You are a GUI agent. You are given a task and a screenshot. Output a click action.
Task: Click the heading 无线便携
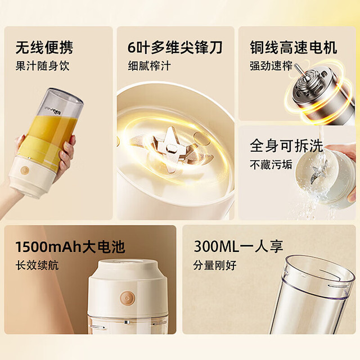pos(44,47)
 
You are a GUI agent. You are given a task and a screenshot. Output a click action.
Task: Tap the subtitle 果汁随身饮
pos(42,66)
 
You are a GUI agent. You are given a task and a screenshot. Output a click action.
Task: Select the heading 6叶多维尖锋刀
pos(175,47)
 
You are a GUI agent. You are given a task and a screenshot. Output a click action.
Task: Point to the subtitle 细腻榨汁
pos(150,66)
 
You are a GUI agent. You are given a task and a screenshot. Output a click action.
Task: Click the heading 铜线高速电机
pos(294,47)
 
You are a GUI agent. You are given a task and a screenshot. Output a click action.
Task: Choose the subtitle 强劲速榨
pos(271,66)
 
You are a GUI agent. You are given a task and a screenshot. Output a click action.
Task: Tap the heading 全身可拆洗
pos(286,146)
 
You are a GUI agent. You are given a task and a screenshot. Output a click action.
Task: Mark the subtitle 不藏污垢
pos(271,164)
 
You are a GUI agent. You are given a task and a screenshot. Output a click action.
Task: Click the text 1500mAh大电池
pos(70,247)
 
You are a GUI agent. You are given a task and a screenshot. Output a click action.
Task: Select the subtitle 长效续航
pos(37,265)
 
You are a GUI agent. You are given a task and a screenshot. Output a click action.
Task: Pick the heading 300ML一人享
pos(238,247)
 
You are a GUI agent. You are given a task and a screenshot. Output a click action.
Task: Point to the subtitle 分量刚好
pos(215,265)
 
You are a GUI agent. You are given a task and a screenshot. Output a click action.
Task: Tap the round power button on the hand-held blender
pos(25,170)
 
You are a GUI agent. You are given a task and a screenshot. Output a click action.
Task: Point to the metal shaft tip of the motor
pos(296,66)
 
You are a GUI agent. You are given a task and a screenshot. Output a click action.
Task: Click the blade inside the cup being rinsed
pos(316,174)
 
